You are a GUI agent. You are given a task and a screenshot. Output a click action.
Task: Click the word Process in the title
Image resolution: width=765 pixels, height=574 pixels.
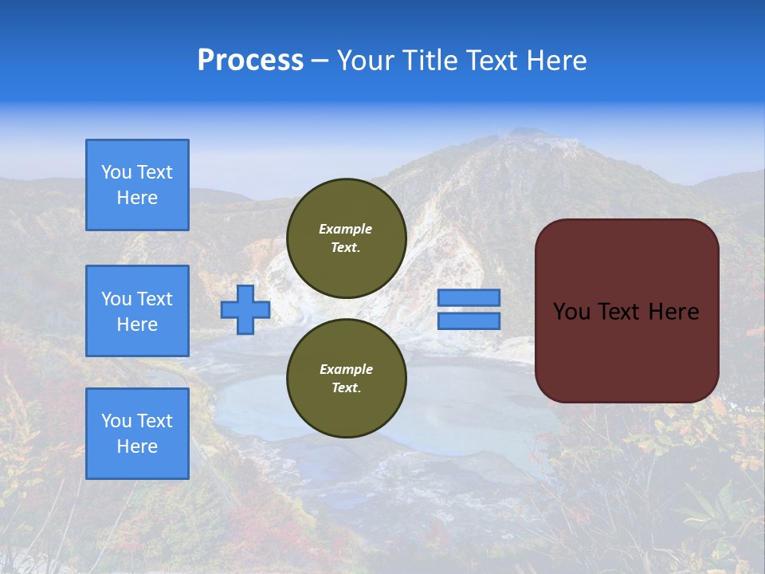click(x=250, y=61)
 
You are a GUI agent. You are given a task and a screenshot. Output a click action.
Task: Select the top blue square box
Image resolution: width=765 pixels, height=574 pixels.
click(x=137, y=185)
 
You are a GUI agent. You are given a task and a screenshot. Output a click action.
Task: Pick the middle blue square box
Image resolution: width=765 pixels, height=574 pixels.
click(x=137, y=311)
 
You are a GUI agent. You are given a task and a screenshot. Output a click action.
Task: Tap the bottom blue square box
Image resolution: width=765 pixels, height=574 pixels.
click(x=137, y=434)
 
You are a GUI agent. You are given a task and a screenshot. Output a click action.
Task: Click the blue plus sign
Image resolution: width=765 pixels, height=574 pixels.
click(x=245, y=309)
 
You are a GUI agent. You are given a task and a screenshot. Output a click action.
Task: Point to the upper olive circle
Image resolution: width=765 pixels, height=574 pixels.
click(x=346, y=238)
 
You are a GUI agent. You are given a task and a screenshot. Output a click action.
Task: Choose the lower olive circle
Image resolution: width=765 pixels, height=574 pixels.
click(x=346, y=379)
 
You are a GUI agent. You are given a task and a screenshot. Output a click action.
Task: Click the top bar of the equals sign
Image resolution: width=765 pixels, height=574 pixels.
click(x=469, y=297)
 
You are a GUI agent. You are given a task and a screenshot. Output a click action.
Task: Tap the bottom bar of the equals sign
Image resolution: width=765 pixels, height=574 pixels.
click(x=469, y=321)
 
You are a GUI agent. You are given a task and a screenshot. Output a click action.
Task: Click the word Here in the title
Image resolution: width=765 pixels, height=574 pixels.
click(x=554, y=61)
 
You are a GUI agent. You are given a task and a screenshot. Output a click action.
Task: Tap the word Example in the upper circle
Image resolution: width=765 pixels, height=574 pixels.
click(x=346, y=229)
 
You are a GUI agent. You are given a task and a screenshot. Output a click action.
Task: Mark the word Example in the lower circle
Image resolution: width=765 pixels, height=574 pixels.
click(x=346, y=369)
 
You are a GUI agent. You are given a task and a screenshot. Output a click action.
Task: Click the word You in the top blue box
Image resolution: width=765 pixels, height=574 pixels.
click(x=116, y=172)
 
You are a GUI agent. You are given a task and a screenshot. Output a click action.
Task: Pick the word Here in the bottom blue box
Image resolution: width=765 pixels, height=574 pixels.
click(x=137, y=446)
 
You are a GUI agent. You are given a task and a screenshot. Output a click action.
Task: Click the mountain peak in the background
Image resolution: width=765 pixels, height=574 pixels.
click(x=526, y=136)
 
